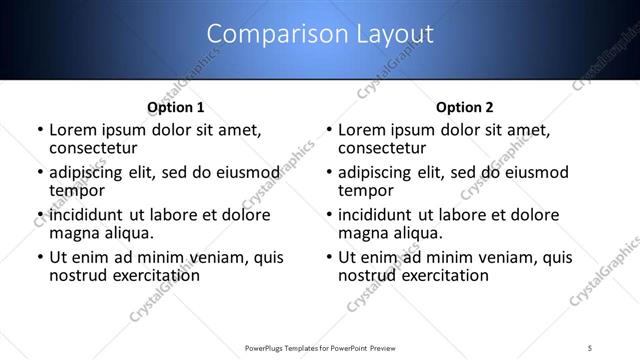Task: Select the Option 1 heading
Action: click(176, 107)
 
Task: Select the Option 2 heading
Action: click(464, 107)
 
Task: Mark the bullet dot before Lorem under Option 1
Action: click(40, 131)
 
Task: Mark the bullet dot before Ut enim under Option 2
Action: click(329, 258)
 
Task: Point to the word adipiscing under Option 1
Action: click(91, 173)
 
